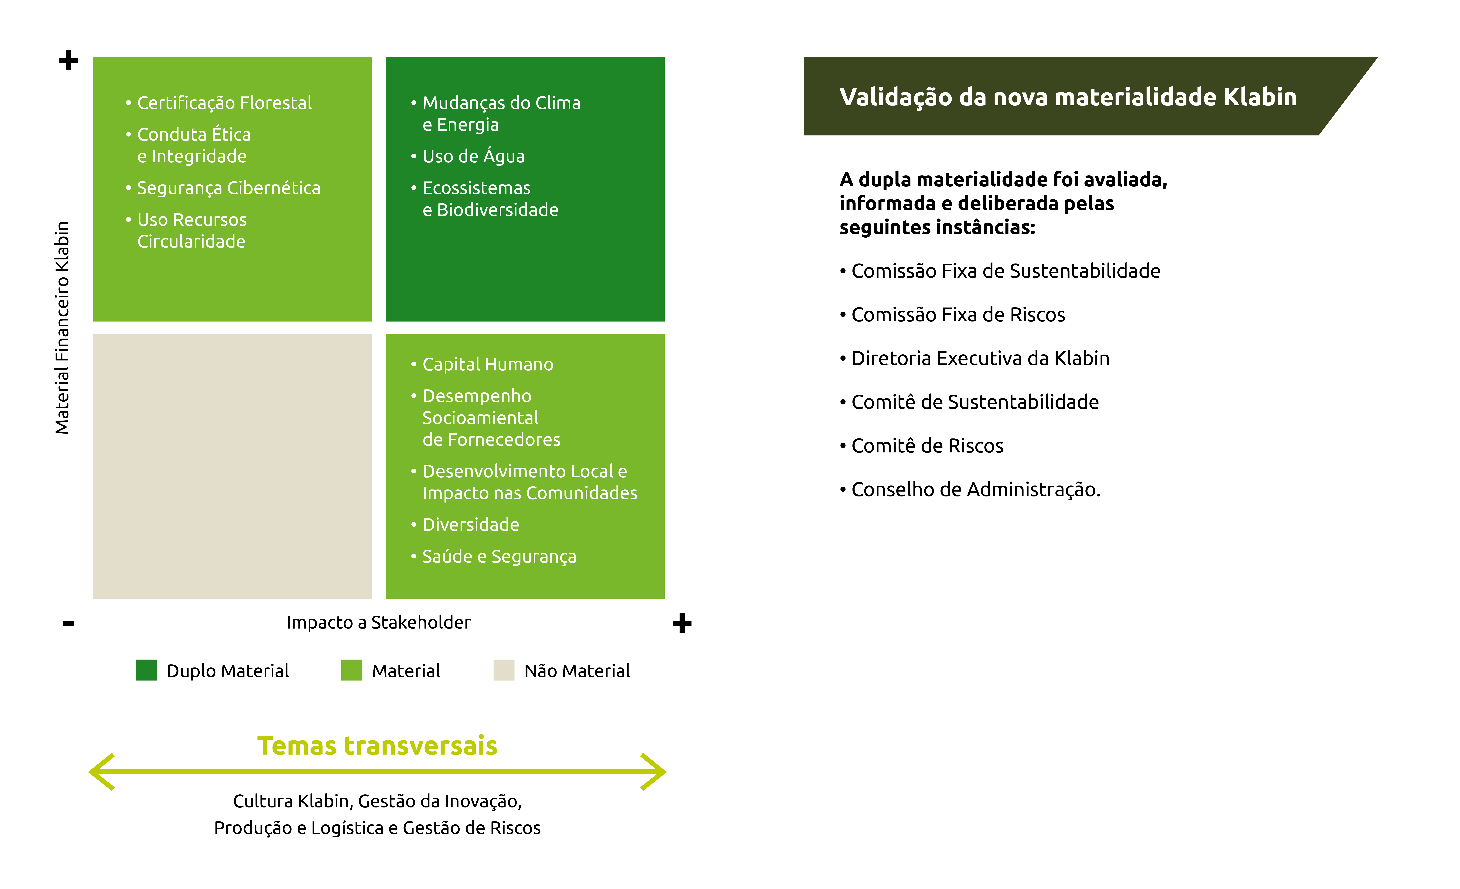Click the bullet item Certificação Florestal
224,103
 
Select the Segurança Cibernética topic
228,188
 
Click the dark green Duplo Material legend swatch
146,670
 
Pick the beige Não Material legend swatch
504,670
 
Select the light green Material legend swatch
351,670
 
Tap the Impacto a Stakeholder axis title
378,622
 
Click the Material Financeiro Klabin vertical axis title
62,328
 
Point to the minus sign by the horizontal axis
69,623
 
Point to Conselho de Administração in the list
975,489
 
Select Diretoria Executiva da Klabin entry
980,359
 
